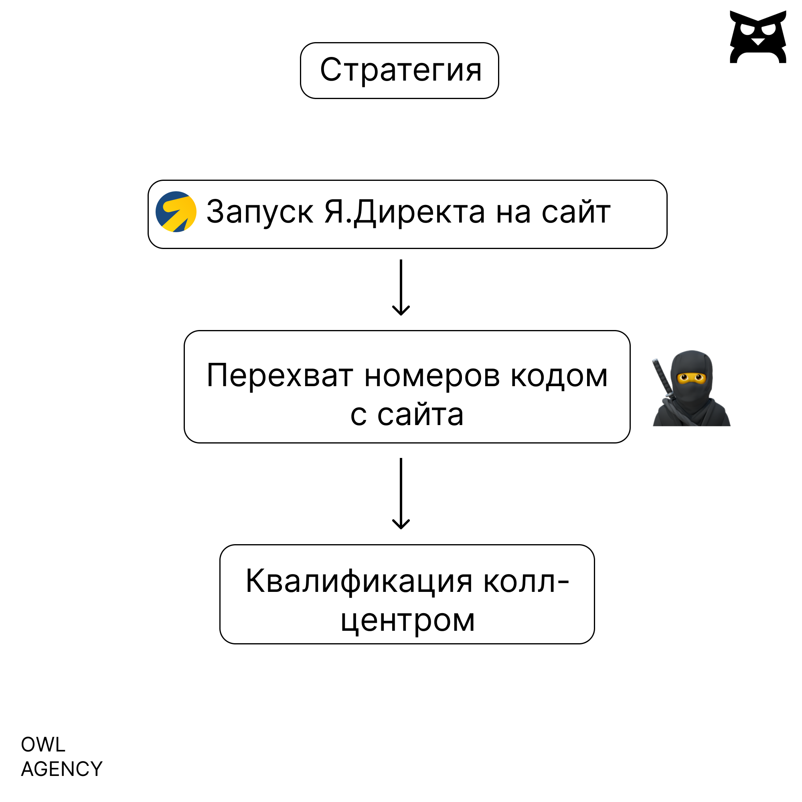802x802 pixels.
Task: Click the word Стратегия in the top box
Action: pos(401,70)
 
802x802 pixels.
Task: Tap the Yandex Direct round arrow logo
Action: pos(176,212)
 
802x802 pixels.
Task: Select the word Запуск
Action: pos(259,212)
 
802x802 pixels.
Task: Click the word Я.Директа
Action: pos(404,212)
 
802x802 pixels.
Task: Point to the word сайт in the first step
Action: pos(576,212)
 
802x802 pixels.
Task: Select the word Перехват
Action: pos(280,376)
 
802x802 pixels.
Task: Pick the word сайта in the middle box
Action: pos(420,415)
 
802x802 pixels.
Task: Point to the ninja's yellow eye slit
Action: pos(692,378)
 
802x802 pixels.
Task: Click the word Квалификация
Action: pos(359,581)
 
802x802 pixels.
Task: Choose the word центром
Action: pos(408,621)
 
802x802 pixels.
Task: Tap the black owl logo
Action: pos(758,37)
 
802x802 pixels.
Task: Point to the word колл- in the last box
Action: pos(527,581)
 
